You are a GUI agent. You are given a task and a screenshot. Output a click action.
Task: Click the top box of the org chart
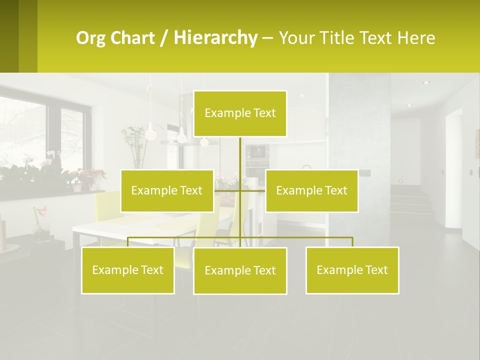pyautogui.click(x=240, y=113)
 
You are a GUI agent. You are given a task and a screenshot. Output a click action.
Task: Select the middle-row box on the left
pyautogui.click(x=167, y=190)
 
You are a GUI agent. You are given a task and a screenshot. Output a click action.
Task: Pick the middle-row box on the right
pyautogui.click(x=311, y=190)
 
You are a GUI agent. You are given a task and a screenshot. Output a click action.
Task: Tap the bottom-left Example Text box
pyautogui.click(x=127, y=270)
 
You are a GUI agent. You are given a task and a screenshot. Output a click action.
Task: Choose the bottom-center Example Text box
pyautogui.click(x=240, y=270)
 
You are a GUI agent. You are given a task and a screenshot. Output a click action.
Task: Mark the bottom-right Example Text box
pyautogui.click(x=352, y=270)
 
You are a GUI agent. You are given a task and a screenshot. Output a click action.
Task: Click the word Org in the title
pyautogui.click(x=90, y=38)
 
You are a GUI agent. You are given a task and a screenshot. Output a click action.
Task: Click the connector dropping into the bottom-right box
pyautogui.click(x=352, y=242)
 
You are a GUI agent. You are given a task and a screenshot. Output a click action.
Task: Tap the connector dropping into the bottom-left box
pyautogui.click(x=127, y=242)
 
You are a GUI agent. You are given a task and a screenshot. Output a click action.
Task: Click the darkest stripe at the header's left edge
pyautogui.click(x=9, y=36)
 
